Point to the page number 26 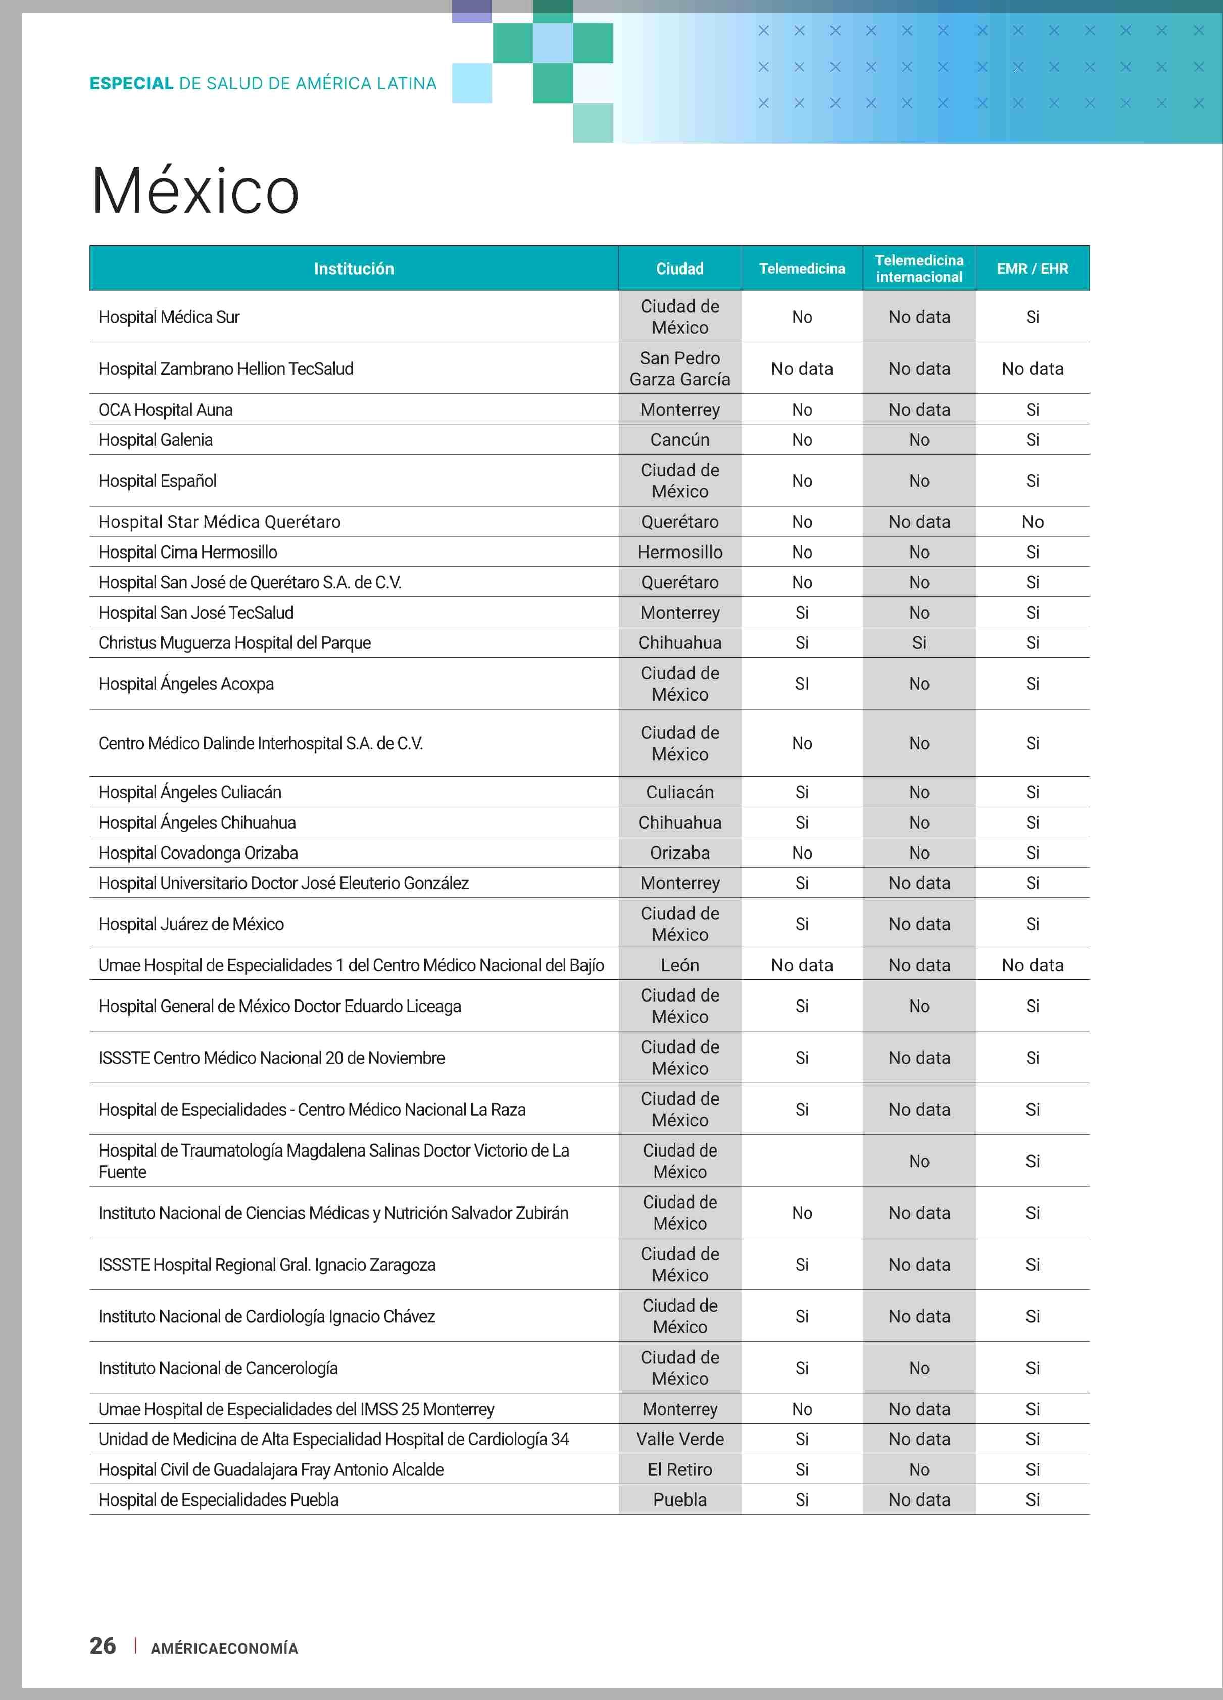(x=103, y=1645)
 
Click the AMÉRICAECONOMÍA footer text (x=224, y=1647)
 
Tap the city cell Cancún (x=679, y=440)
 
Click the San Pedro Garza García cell (x=679, y=368)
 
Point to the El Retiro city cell (x=679, y=1469)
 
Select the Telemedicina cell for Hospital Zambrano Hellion (x=802, y=368)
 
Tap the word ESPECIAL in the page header (x=131, y=83)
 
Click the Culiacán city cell (x=679, y=792)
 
